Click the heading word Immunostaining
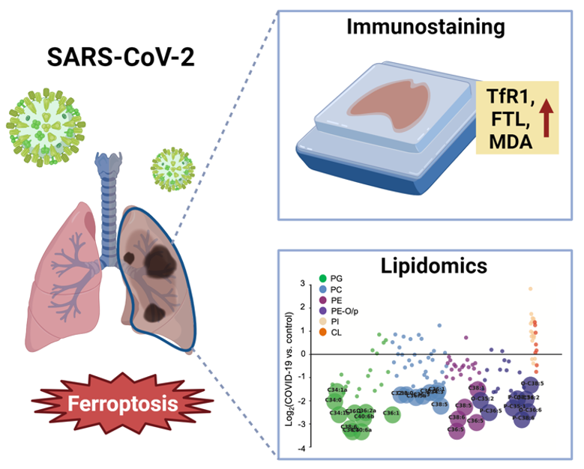[x=425, y=28]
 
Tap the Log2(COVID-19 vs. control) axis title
[x=289, y=366]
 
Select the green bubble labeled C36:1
[x=392, y=413]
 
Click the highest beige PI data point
[x=530, y=288]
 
